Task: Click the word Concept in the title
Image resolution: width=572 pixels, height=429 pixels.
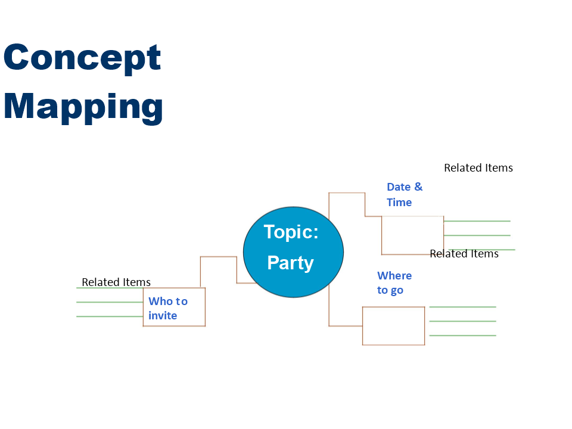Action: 82,57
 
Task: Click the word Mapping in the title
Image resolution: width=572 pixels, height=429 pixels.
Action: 83,107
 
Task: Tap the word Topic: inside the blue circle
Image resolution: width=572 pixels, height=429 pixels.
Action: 291,232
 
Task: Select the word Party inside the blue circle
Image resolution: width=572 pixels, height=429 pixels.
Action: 290,263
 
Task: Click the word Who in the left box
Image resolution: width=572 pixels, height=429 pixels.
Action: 160,301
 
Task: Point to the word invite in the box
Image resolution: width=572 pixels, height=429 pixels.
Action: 163,316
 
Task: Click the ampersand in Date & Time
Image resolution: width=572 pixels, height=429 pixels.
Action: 418,186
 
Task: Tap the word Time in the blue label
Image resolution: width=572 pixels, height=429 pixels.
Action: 399,203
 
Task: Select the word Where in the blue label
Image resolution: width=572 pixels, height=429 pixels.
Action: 394,276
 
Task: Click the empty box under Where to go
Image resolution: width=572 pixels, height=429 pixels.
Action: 394,307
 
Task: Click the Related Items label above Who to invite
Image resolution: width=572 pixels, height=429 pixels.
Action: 116,282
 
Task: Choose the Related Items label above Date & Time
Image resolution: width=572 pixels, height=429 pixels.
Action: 478,168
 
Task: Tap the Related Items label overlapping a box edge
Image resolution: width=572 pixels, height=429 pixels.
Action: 464,254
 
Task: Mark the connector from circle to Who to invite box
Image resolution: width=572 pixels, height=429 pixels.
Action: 219,257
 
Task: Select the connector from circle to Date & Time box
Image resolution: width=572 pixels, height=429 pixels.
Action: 347,192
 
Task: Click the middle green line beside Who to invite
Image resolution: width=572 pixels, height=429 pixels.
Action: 110,302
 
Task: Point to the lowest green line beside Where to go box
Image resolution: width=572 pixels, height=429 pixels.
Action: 462,335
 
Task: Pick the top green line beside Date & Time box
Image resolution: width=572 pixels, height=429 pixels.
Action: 477,221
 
